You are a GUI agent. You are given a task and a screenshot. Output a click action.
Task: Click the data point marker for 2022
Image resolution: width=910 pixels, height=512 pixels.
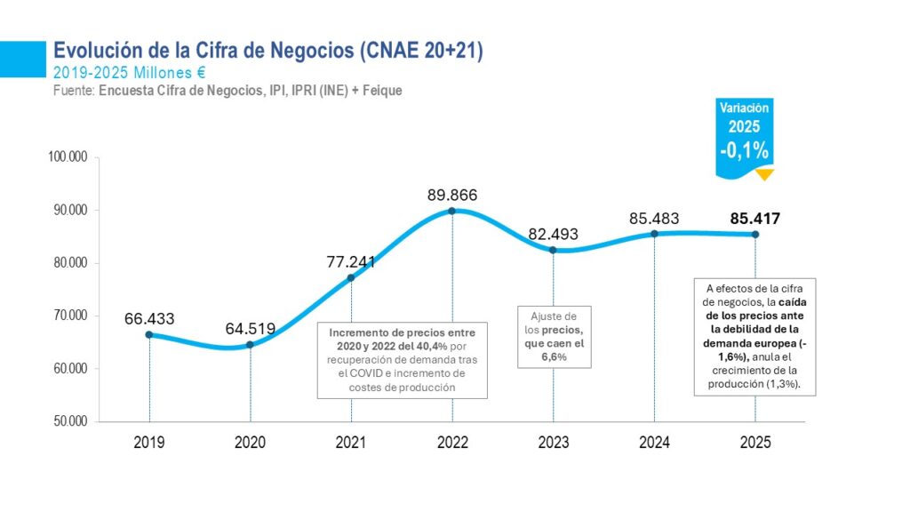pyautogui.click(x=452, y=211)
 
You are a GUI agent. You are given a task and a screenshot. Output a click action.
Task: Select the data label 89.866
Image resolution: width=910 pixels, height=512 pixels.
pyautogui.click(x=452, y=195)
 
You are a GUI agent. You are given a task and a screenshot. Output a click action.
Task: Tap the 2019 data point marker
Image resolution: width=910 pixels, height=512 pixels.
pyautogui.click(x=149, y=334)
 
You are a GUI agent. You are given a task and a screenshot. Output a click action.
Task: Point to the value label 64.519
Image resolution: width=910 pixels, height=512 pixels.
pyautogui.click(x=250, y=329)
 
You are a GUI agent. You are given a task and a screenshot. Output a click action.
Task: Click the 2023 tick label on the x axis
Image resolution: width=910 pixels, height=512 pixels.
pyautogui.click(x=553, y=443)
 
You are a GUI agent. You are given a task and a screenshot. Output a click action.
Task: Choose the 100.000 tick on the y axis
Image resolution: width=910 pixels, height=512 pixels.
pyautogui.click(x=68, y=156)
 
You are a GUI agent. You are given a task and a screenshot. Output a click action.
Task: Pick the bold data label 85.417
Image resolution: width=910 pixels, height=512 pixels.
pyautogui.click(x=755, y=219)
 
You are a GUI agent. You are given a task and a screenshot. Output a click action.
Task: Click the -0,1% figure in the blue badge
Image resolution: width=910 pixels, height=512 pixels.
pyautogui.click(x=744, y=150)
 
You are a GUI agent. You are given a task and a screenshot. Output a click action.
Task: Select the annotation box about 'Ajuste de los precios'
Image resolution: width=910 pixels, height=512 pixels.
pyautogui.click(x=555, y=337)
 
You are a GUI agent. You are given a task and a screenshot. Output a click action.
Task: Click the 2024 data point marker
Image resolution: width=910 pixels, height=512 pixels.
pyautogui.click(x=654, y=234)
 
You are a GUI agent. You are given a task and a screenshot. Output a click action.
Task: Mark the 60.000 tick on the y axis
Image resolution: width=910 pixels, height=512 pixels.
pyautogui.click(x=70, y=369)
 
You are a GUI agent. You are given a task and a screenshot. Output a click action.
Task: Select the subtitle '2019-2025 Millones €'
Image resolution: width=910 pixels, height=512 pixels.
pyautogui.click(x=130, y=73)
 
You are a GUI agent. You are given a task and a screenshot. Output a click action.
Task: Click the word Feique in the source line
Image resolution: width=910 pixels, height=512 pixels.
pyautogui.click(x=382, y=91)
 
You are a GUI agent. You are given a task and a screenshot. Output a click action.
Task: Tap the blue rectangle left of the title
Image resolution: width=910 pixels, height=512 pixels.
pyautogui.click(x=22, y=60)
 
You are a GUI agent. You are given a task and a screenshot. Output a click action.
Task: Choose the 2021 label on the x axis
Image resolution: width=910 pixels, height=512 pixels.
pyautogui.click(x=351, y=443)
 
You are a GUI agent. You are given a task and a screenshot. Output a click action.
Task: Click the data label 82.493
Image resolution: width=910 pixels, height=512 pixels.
pyautogui.click(x=553, y=234)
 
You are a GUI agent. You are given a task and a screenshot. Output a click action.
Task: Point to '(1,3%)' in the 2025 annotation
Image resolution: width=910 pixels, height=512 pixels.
pyautogui.click(x=784, y=384)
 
